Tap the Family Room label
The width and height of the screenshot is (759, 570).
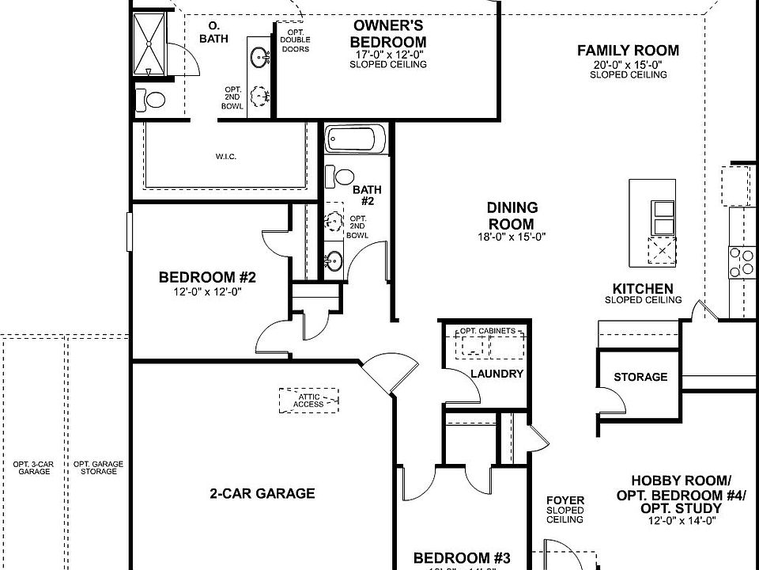pyautogui.click(x=628, y=51)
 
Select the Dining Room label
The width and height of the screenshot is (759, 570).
pyautogui.click(x=512, y=215)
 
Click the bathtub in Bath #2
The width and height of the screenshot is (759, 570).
pyautogui.click(x=355, y=141)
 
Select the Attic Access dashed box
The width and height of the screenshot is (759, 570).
pyautogui.click(x=308, y=399)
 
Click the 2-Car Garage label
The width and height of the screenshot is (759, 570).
pyautogui.click(x=262, y=493)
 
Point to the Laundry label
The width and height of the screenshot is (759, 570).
pyautogui.click(x=497, y=374)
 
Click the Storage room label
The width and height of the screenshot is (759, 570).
pyautogui.click(x=640, y=377)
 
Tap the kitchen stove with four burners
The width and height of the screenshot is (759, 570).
pyautogui.click(x=742, y=262)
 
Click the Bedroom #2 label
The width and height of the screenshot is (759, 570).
pyautogui.click(x=207, y=278)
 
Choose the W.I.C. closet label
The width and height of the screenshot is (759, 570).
pyautogui.click(x=225, y=157)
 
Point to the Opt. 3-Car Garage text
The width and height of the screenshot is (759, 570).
pyautogui.click(x=33, y=467)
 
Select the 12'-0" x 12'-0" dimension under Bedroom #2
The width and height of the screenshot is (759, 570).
pyautogui.click(x=207, y=291)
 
